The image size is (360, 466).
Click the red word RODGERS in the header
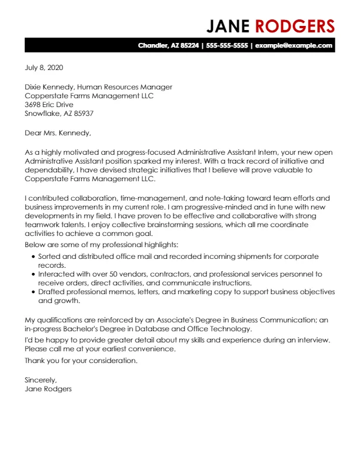tap(294, 26)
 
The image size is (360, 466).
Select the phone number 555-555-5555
tap(226, 45)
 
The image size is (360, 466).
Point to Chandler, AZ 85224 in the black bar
tap(168, 45)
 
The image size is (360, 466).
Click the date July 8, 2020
tap(44, 68)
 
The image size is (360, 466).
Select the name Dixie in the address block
tap(34, 87)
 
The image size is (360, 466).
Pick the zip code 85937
tap(82, 114)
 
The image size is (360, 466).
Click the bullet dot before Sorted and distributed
tap(32, 257)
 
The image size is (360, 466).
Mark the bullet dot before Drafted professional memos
tap(32, 292)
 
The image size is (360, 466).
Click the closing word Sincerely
tap(41, 380)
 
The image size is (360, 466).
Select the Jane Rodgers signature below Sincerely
tap(49, 389)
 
